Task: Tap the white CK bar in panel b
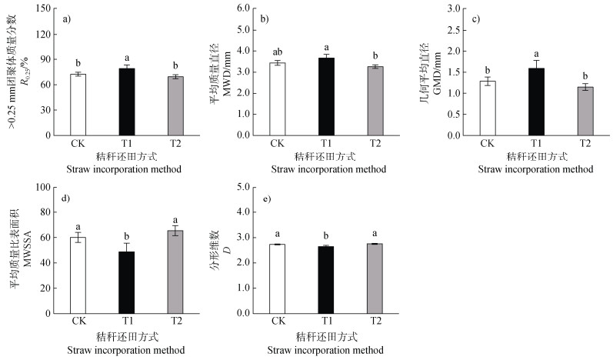(x=278, y=98)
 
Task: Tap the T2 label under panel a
(x=175, y=143)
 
